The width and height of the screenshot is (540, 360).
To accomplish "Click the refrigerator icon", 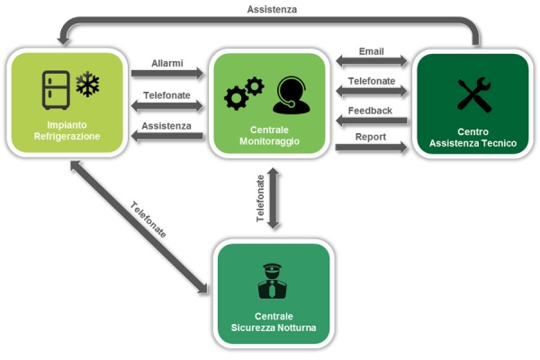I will [x=56, y=90].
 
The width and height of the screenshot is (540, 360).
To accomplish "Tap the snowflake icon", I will [x=88, y=86].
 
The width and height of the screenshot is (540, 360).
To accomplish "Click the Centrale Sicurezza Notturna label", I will [x=273, y=323].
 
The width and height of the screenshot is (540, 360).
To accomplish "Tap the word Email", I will [x=371, y=50].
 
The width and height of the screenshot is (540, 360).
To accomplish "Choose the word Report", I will [x=371, y=137].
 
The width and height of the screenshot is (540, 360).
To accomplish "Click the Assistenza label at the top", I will [x=271, y=9].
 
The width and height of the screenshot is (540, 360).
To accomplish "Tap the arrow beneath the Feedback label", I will [x=371, y=121].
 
